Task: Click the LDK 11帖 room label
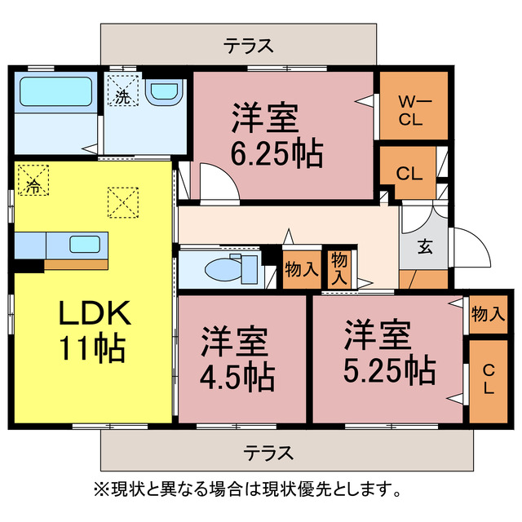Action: click(91, 330)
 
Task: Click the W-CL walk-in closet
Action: click(414, 108)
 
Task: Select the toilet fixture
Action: click(225, 268)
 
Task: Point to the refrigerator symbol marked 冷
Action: click(33, 181)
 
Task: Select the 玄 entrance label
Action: click(424, 246)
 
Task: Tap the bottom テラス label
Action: click(268, 452)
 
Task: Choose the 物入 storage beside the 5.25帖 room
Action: click(488, 313)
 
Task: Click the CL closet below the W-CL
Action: click(409, 172)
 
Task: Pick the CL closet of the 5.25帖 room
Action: click(488, 380)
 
